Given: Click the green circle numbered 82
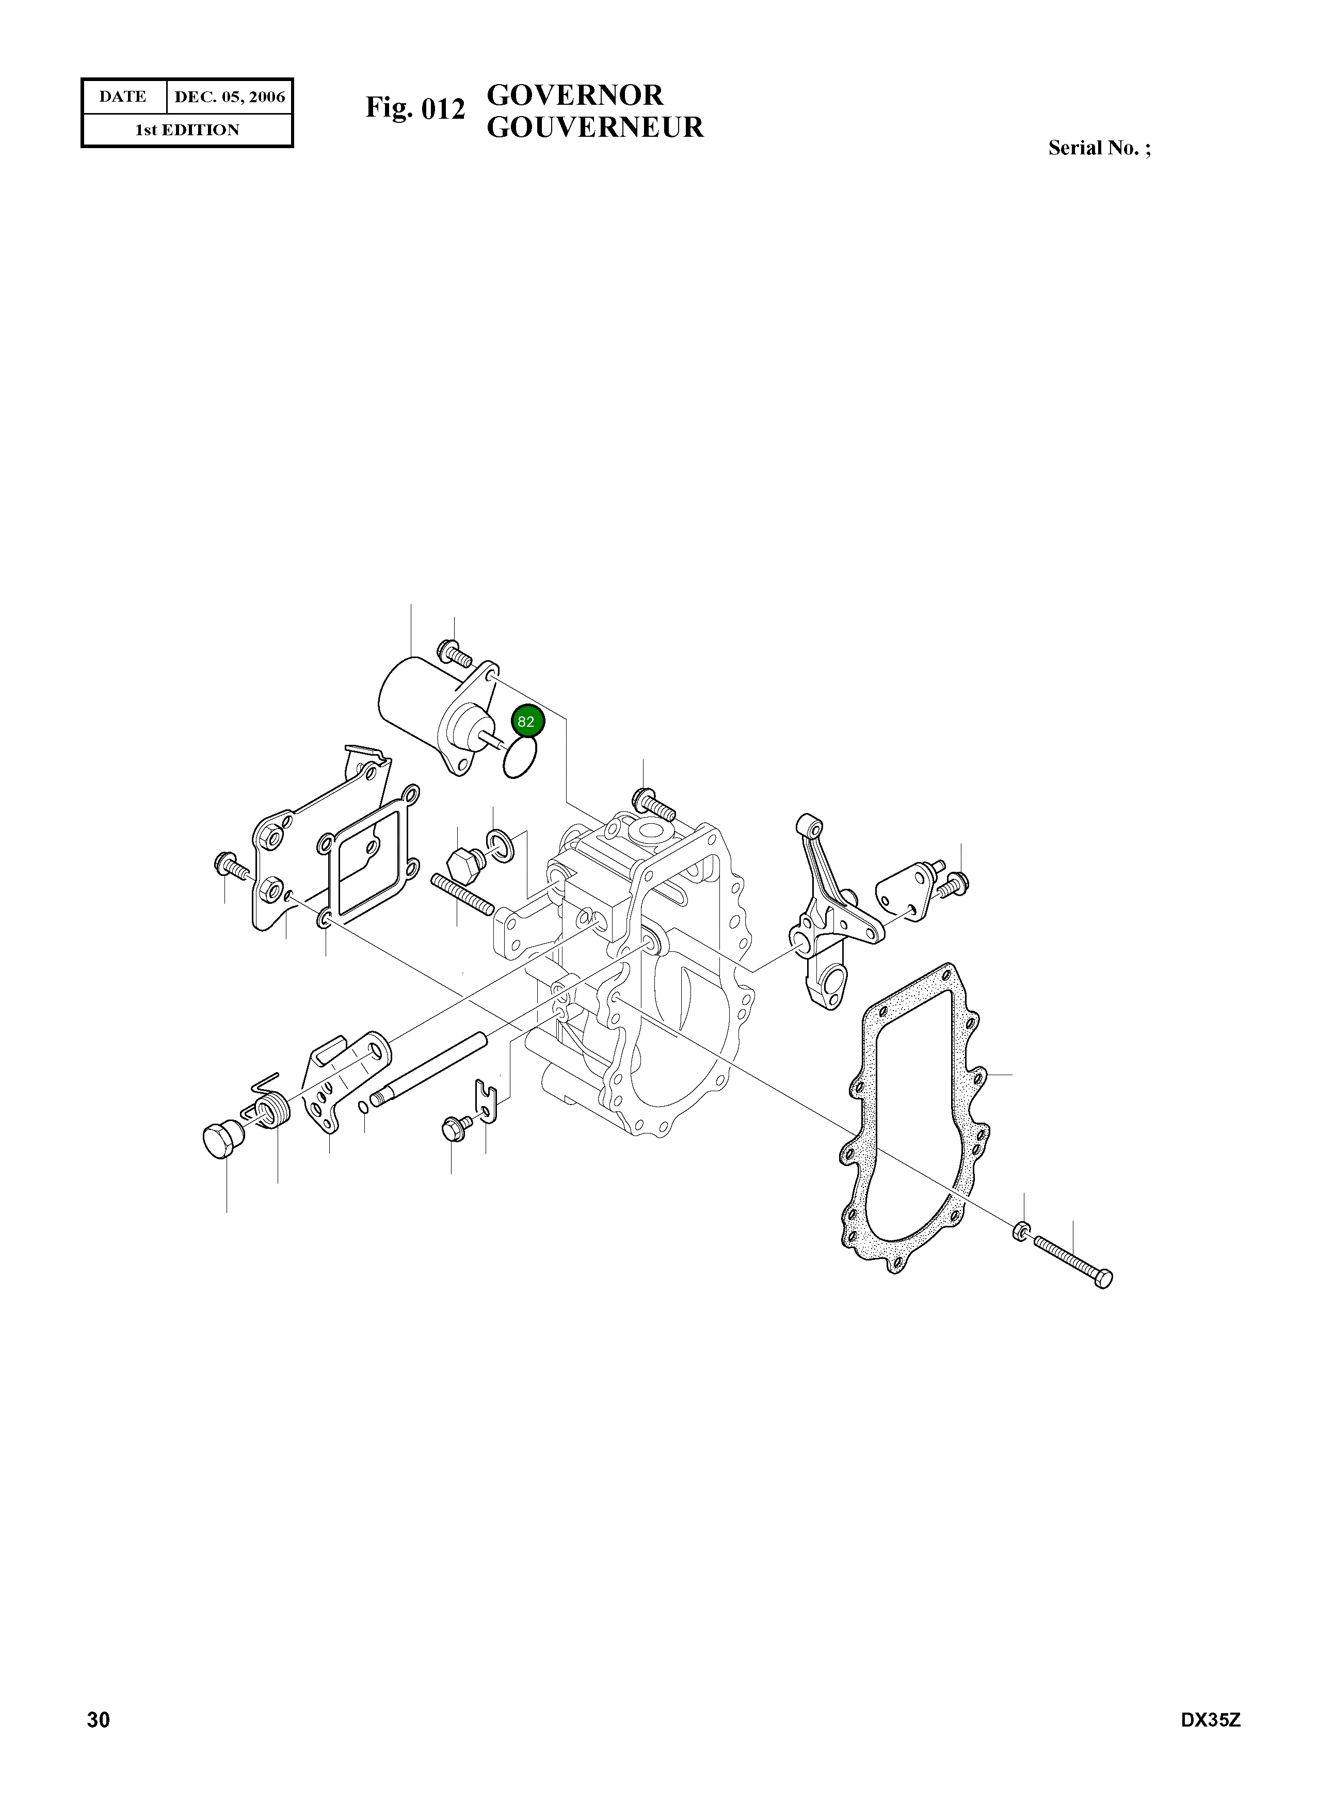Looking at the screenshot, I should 526,722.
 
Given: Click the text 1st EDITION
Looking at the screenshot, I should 187,130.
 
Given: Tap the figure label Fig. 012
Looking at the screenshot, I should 415,108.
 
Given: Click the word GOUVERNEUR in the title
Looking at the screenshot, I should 594,127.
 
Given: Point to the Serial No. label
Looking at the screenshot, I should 1099,149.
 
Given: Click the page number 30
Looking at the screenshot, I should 98,1742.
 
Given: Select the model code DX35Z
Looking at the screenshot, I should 1210,1742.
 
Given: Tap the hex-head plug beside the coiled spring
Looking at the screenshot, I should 220,1142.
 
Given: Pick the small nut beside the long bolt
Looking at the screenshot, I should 1022,1233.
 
